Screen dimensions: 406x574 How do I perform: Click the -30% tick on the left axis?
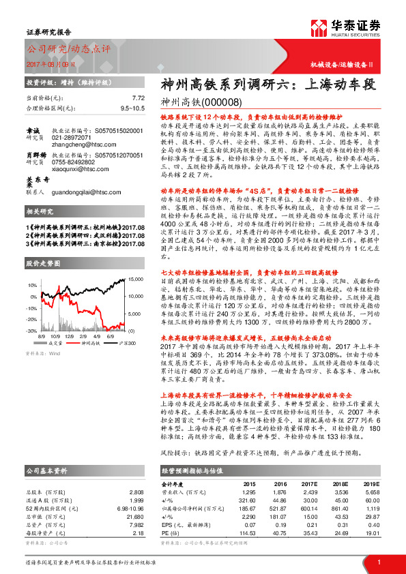click(33, 331)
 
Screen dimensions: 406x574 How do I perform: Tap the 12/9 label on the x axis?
click(81, 336)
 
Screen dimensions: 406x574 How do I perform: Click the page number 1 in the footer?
click(378, 562)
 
